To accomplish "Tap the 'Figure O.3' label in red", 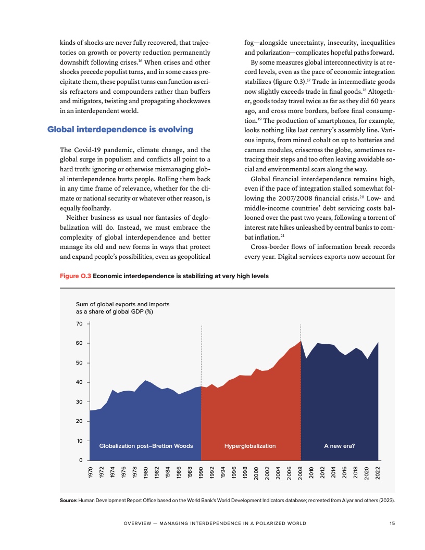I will [76, 276].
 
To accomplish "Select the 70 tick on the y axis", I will [79, 324].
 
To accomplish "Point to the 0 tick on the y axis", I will [81, 460].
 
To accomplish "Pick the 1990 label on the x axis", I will [202, 472].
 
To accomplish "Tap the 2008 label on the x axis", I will [301, 472].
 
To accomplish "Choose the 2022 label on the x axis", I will [378, 472].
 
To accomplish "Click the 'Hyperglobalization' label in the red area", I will [250, 446].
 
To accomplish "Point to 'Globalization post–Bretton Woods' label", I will [146, 446].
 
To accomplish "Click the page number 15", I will [392, 523].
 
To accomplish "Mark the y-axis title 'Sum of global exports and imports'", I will [123, 304].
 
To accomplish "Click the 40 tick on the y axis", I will [79, 382].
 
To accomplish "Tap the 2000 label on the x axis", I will [257, 472].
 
